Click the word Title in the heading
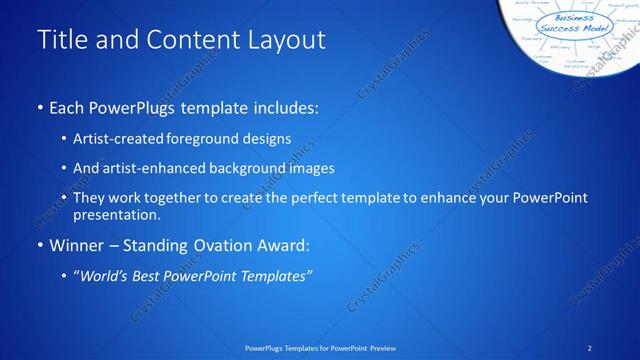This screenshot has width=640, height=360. click(x=62, y=41)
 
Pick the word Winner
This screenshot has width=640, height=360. click(x=75, y=245)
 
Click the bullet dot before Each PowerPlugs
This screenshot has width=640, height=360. click(x=40, y=106)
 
